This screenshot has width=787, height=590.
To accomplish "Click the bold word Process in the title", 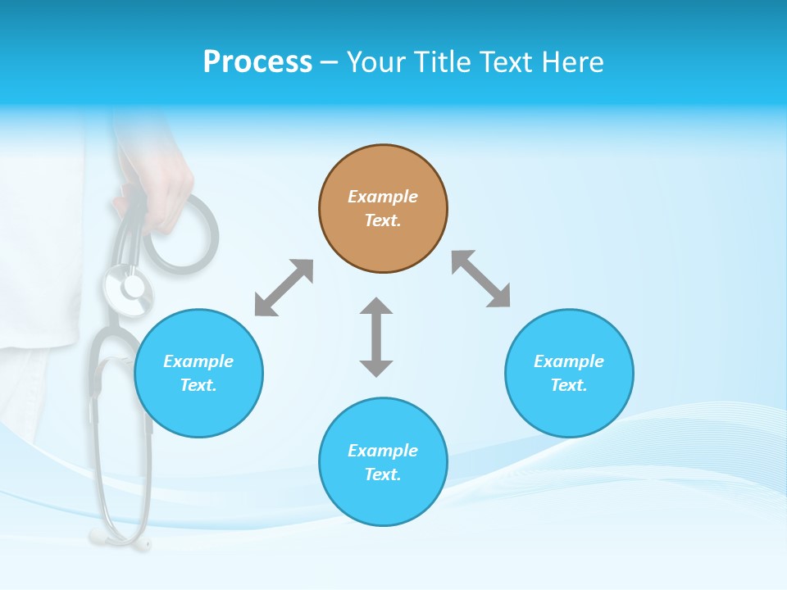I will [257, 62].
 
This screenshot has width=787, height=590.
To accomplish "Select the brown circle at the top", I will [383, 209].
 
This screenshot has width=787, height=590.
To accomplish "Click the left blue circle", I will [198, 373].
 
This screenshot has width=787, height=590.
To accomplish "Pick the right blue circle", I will [569, 373].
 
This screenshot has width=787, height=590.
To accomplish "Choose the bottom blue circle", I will [383, 462].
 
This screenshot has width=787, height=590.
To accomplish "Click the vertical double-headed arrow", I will [376, 338].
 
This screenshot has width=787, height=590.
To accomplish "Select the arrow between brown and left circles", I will [284, 288].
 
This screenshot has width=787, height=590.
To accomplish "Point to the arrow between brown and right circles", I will [481, 279].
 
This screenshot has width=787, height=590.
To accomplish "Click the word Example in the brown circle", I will [383, 197].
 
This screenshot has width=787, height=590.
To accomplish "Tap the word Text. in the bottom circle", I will [383, 474].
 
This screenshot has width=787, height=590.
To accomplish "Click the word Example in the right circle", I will [569, 361].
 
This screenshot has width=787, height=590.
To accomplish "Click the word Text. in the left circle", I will [198, 385].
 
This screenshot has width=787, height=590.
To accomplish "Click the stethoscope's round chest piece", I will [129, 288].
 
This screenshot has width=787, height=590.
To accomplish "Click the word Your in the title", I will [374, 62].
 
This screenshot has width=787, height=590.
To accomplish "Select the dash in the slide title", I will [329, 62].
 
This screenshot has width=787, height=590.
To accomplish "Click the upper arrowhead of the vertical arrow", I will [376, 307].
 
